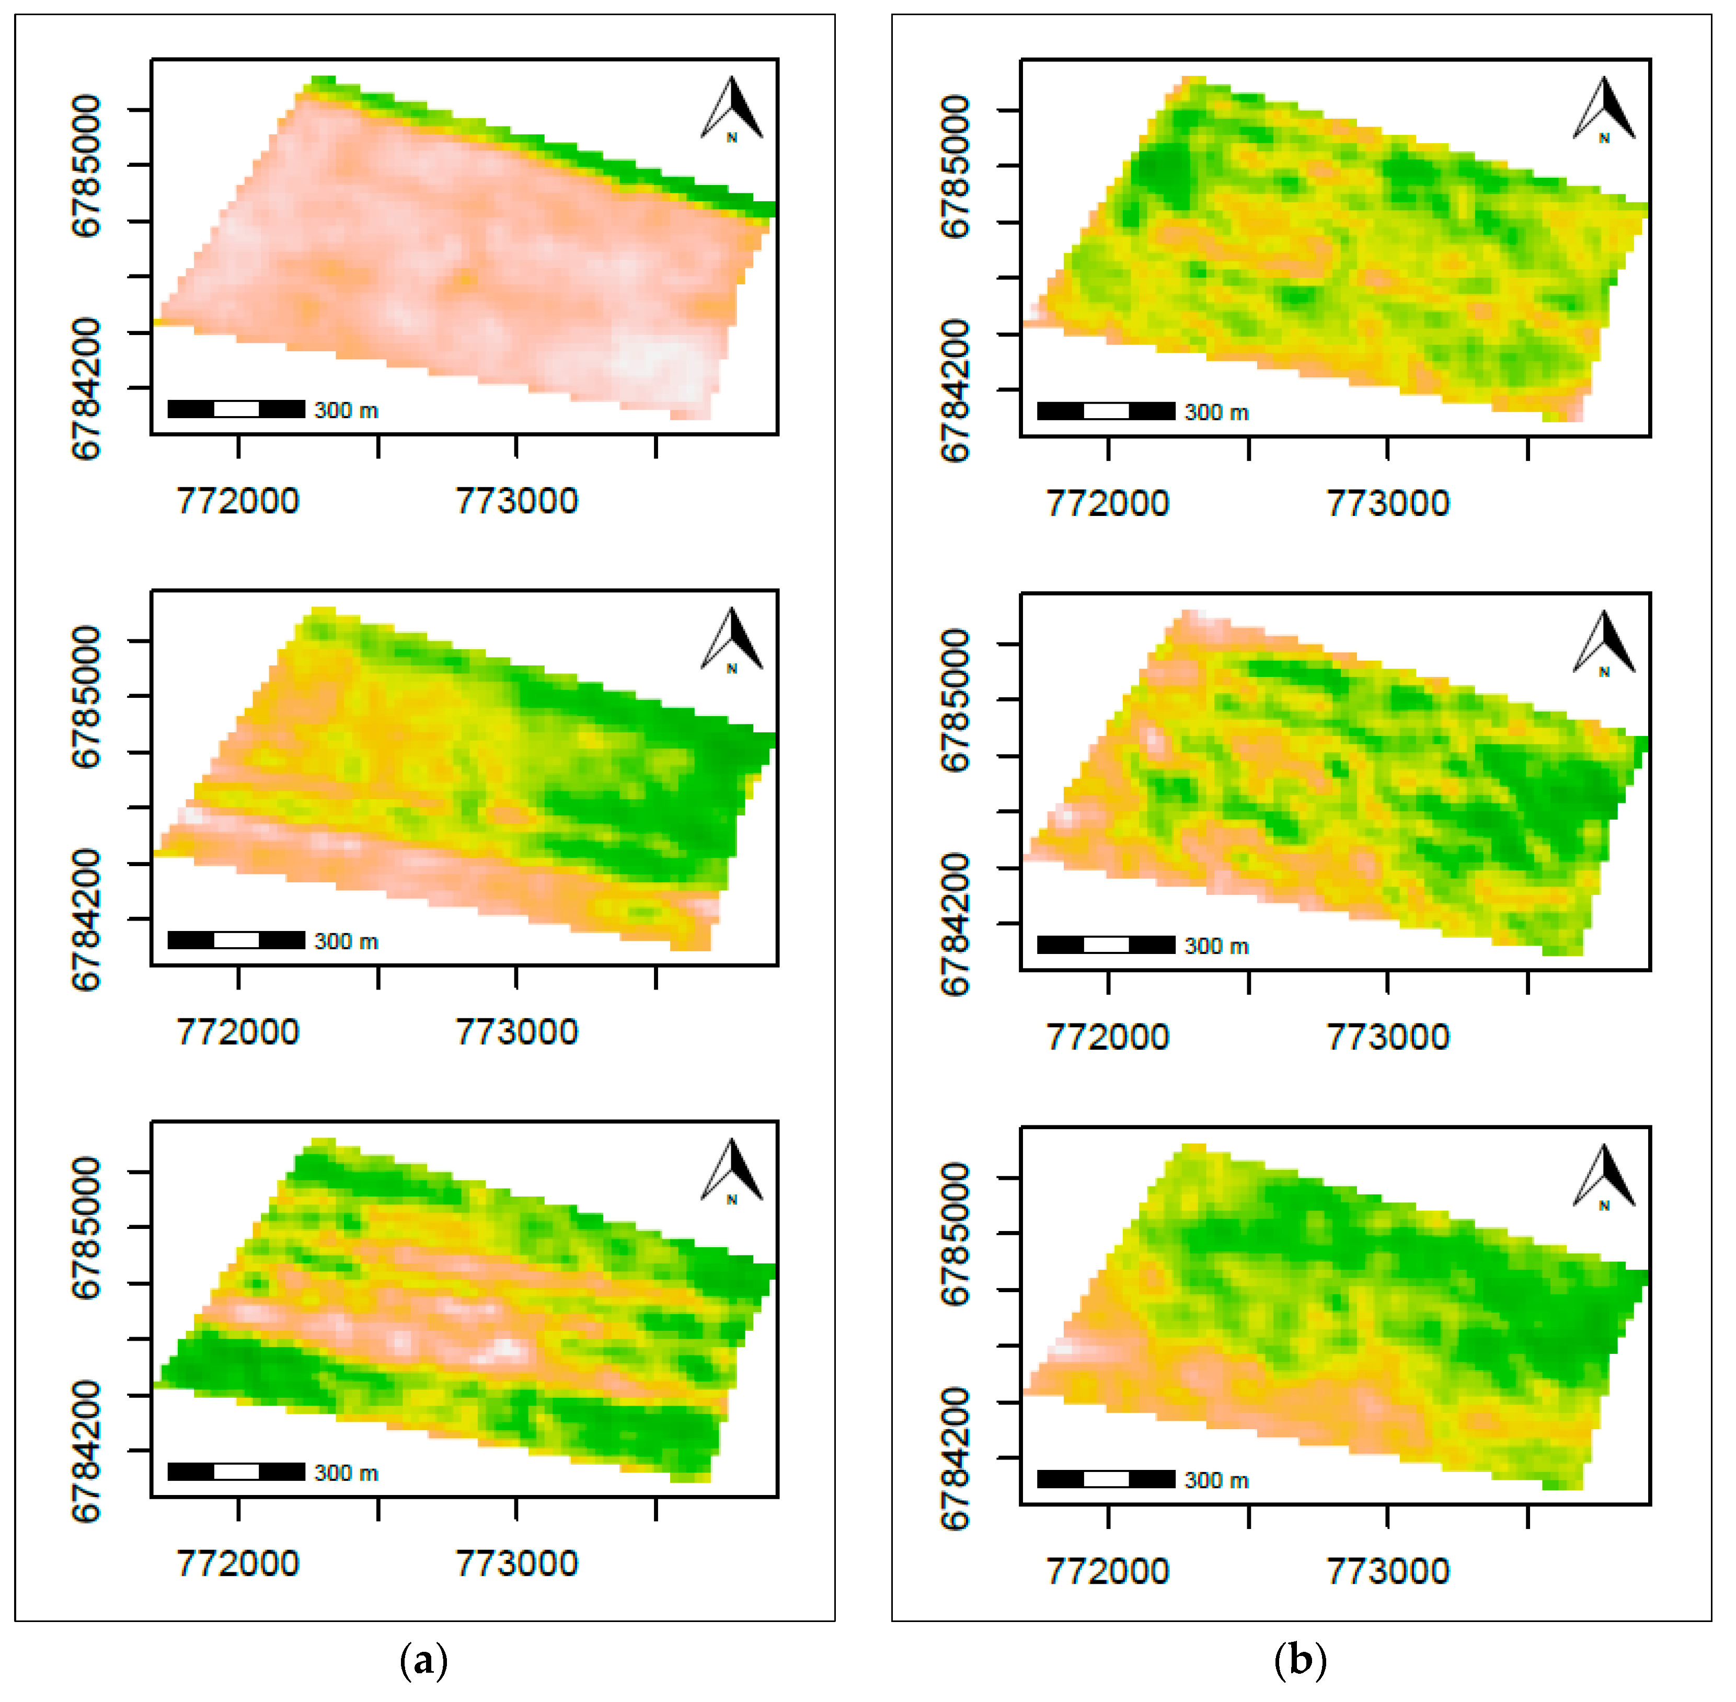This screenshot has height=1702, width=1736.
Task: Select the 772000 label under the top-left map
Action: coord(238,501)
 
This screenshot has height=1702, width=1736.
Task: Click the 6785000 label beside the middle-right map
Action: coord(955,700)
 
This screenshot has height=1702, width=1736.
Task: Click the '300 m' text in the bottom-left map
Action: coord(346,1473)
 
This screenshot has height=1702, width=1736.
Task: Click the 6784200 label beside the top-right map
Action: coord(955,390)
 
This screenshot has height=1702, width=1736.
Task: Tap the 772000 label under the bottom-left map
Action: coord(238,1563)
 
